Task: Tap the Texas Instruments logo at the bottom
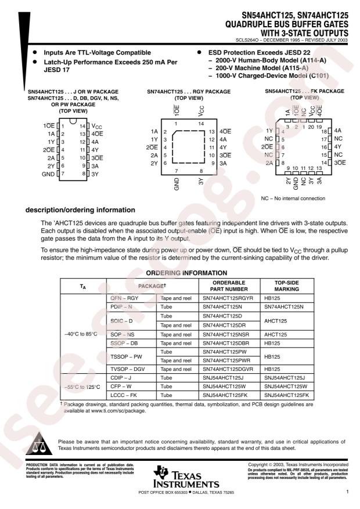(180, 477)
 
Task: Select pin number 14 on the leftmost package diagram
(82, 126)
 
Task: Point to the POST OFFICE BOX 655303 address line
(180, 492)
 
